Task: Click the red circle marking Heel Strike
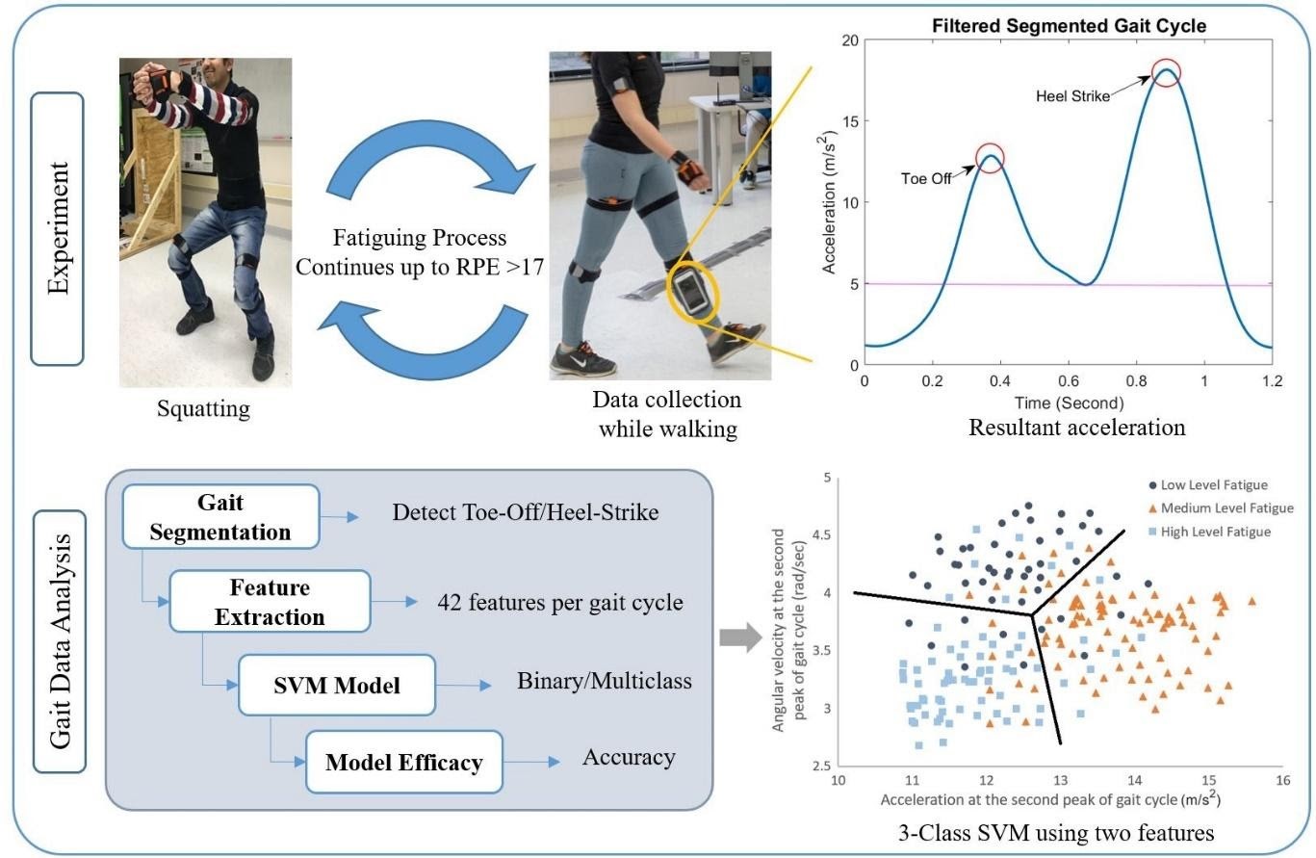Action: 1166,72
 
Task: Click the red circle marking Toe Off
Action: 990,157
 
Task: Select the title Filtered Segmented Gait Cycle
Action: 1069,26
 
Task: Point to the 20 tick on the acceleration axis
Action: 848,40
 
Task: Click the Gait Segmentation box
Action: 220,518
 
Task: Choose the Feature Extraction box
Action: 270,602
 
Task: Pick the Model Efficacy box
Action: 403,763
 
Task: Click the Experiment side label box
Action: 58,228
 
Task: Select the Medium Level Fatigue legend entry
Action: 1219,508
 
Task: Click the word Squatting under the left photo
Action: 203,408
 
